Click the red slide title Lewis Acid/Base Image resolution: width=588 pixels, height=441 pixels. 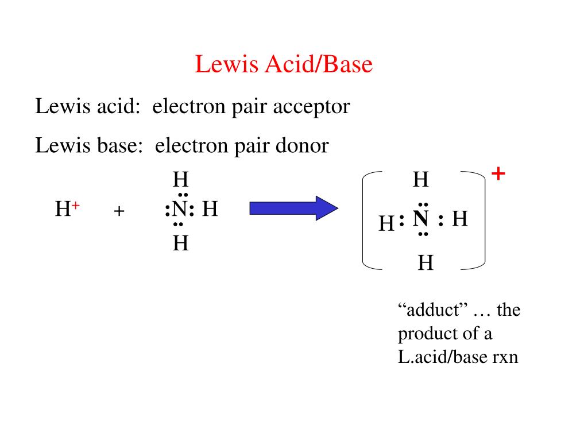[284, 64]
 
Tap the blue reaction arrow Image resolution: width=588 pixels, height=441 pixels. [293, 207]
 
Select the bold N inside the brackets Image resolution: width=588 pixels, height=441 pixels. [421, 218]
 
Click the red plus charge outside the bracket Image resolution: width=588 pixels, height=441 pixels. [498, 173]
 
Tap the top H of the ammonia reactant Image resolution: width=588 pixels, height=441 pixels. [181, 180]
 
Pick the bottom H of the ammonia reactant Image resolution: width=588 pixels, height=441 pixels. [181, 244]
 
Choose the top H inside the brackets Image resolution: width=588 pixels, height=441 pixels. [421, 180]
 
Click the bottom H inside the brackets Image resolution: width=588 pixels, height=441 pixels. [425, 263]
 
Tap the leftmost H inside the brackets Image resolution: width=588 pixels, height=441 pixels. [386, 223]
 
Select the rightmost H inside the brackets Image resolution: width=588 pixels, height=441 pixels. [460, 219]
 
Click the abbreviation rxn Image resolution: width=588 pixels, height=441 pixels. [505, 357]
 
